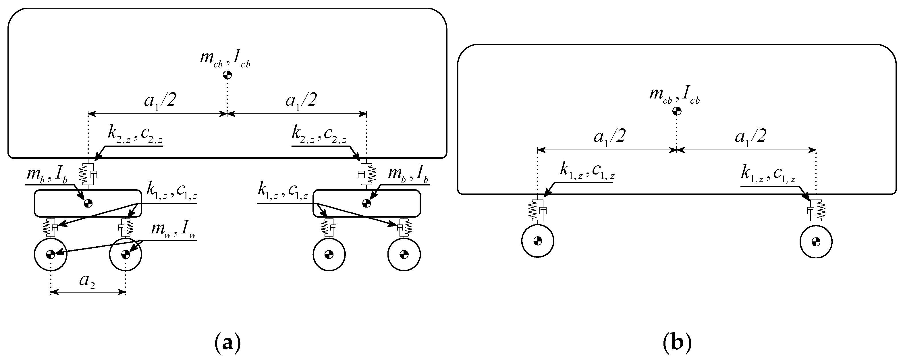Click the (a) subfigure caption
coord(227,342)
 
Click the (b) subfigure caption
coord(677,342)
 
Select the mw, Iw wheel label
coord(173,231)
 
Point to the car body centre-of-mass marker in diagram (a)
coord(227,75)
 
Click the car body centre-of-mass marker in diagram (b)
coord(677,111)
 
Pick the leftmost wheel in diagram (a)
coord(51,254)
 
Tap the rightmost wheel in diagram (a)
coord(404,254)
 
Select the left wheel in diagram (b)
coord(537,241)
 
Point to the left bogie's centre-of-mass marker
coord(88,203)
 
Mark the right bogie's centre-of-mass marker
coord(366,203)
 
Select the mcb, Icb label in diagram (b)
coord(674,95)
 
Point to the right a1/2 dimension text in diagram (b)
coord(750,137)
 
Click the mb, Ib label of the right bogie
coord(409,174)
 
